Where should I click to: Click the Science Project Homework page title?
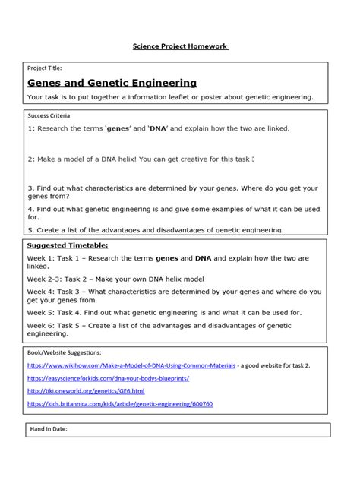coord(180,46)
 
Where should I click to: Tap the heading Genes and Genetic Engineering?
coord(112,83)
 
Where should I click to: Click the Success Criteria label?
coord(49,117)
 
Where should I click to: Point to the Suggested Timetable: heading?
coord(68,246)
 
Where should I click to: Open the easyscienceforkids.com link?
coord(108,377)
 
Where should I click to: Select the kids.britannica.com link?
coord(120,403)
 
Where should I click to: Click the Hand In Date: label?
coord(49,429)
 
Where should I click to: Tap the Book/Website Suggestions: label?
coord(64,352)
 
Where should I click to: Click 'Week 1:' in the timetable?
coord(43,258)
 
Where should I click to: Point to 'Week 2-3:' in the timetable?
coord(48,279)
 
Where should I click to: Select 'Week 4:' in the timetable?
coord(43,291)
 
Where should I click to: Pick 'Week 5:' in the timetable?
coord(43,311)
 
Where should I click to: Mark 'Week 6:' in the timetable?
coord(43,324)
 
